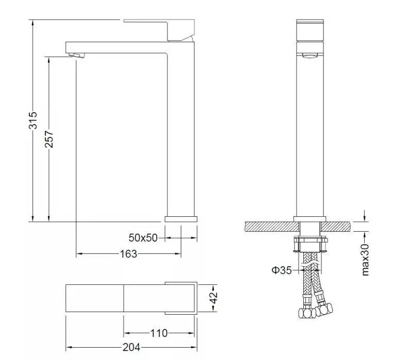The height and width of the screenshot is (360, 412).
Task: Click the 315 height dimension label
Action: click(x=33, y=121)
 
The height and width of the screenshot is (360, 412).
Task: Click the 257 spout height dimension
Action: click(x=49, y=139)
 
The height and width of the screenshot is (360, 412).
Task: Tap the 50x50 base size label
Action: click(x=143, y=238)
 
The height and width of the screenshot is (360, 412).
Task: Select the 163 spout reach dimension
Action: click(x=128, y=254)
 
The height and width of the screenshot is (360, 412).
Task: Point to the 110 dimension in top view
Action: click(x=159, y=333)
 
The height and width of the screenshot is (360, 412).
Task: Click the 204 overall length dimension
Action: click(x=131, y=348)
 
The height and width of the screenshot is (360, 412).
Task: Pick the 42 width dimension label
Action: click(x=214, y=298)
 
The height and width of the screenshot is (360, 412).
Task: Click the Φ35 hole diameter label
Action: click(x=282, y=270)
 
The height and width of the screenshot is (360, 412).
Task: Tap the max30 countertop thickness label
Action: click(x=366, y=260)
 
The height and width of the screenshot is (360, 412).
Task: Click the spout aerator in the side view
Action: click(x=77, y=55)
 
